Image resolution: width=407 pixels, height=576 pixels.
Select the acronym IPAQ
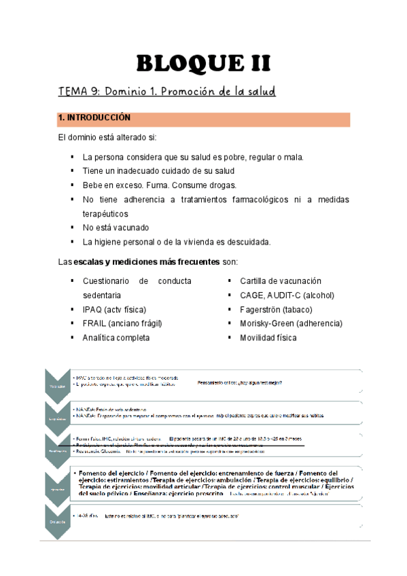click(x=94, y=309)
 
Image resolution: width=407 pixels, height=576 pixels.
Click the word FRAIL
click(x=96, y=323)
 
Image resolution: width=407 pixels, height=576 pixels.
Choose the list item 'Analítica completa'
click(x=116, y=338)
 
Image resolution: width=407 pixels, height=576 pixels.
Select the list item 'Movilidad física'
click(x=268, y=338)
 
